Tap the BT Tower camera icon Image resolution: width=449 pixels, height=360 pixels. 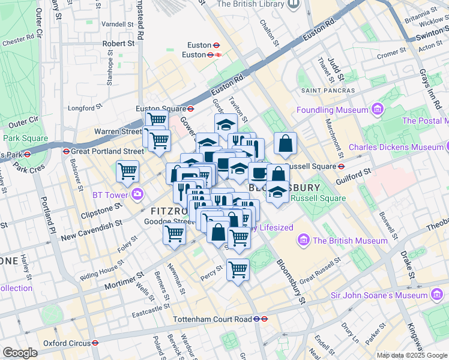pos(138,194)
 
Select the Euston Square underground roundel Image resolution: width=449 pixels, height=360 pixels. pos(190,109)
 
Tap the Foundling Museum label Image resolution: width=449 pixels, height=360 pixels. pos(333,110)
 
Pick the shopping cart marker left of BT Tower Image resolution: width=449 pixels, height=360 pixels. pos(128,171)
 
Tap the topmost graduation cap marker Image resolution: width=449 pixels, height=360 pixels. pos(226,124)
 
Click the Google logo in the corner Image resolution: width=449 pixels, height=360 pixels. pos(20,353)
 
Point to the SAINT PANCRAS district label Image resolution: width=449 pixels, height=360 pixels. pos(328,91)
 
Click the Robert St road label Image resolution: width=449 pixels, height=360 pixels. pos(118,44)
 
